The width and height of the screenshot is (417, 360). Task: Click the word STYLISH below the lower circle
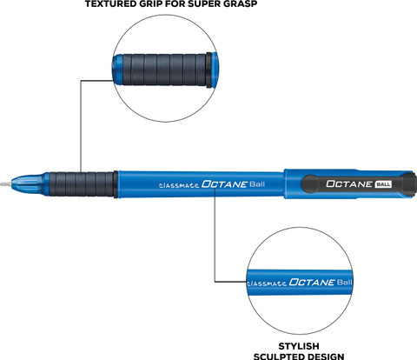click(299, 346)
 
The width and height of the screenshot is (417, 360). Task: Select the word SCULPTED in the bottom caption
click(279, 357)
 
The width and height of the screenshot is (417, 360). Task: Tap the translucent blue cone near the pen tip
click(29, 183)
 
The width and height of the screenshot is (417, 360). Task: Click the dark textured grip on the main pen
click(81, 184)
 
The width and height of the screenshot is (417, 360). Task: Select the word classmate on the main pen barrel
click(179, 185)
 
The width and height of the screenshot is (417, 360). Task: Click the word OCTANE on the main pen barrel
click(224, 184)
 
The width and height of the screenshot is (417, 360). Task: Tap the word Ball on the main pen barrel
click(257, 184)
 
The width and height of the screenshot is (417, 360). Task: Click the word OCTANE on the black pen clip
click(349, 183)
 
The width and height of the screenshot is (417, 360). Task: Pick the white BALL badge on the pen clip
click(383, 184)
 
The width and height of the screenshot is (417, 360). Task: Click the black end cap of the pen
click(409, 183)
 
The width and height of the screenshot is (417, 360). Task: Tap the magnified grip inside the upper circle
click(164, 70)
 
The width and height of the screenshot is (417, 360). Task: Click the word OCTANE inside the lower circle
click(312, 282)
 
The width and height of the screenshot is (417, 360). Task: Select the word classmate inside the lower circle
click(267, 283)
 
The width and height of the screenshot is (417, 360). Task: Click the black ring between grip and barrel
click(116, 184)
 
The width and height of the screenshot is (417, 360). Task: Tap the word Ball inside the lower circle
click(345, 282)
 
